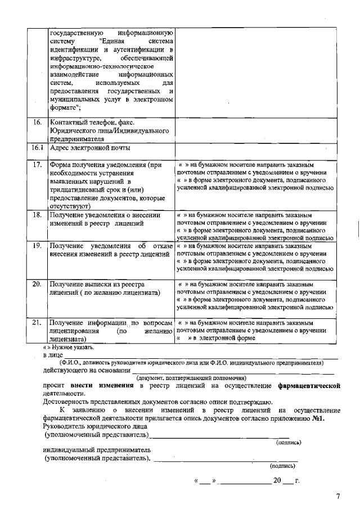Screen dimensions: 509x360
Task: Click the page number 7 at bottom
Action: (338, 496)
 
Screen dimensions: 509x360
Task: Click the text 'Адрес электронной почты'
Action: (90, 148)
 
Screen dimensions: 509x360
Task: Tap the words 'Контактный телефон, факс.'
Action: (92, 122)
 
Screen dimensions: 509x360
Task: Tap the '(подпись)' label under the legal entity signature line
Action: (288, 443)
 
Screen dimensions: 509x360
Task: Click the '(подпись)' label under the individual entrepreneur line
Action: (282, 466)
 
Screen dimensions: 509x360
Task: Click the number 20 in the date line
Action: (277, 481)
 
